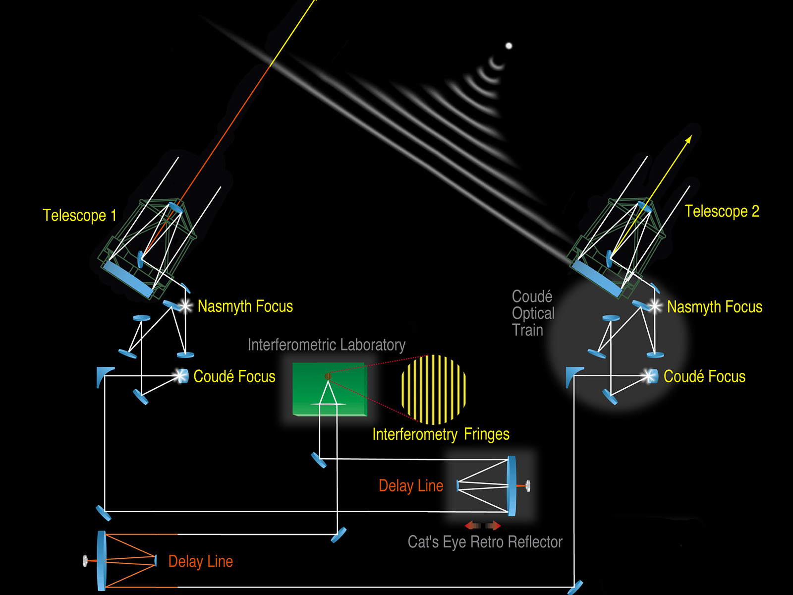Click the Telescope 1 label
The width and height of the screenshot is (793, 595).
pos(79,216)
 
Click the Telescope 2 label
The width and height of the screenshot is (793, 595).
pos(722,211)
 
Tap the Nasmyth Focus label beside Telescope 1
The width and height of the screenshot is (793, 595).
pos(245,306)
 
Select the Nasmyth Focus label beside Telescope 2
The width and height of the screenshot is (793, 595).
pos(714,307)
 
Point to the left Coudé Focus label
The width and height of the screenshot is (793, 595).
pos(234,376)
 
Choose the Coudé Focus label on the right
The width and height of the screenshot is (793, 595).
pos(704,376)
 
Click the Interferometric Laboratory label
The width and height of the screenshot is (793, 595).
pos(326,345)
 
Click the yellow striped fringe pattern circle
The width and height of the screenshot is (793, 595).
pos(434,389)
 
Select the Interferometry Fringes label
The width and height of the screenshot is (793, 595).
pos(441,434)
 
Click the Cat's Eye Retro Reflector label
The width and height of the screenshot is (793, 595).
pos(485,542)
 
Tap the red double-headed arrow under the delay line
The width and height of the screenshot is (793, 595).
pos(483,526)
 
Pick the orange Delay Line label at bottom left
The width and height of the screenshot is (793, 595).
pos(200,561)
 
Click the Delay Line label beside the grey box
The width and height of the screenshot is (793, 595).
pos(411,486)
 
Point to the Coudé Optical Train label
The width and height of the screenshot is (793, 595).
pos(532,313)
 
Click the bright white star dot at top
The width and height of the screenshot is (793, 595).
pos(509,46)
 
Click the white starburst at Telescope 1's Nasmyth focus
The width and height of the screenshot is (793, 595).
pos(186,306)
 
